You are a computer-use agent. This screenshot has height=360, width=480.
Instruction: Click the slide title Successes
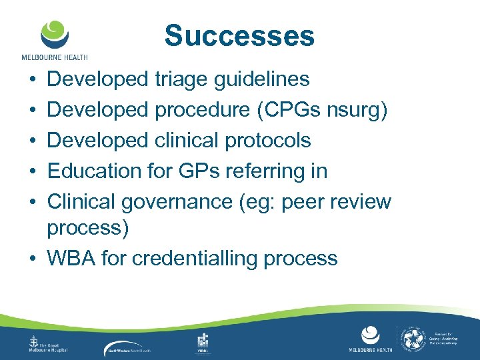[x=239, y=36]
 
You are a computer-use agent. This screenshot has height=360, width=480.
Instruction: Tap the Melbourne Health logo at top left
[x=54, y=39]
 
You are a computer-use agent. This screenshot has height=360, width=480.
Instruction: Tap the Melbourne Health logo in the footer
[x=370, y=340]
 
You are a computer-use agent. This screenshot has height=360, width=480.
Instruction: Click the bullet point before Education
[x=33, y=171]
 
